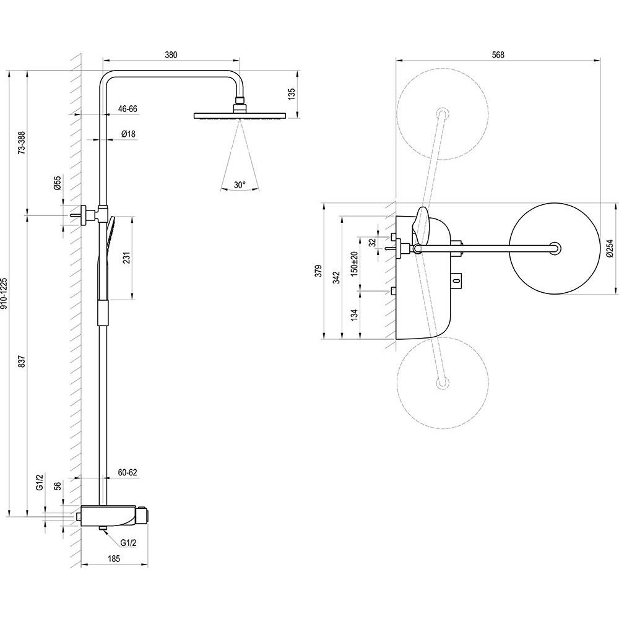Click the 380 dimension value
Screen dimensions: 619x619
pos(171,55)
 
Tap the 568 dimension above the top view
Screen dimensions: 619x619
pos(498,55)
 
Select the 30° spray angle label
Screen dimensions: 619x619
pos(240,184)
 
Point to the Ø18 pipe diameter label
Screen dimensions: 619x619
pos(128,134)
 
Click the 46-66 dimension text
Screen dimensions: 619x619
pos(128,108)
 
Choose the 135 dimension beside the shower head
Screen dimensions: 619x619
pos(292,93)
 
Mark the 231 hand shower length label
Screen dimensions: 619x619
pos(126,258)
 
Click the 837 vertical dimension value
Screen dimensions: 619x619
pos(22,361)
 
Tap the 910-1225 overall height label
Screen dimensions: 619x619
pos(4,293)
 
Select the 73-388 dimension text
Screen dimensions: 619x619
pos(22,142)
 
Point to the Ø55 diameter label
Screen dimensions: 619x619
pos(58,183)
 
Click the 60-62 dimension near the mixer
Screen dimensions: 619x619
pos(128,472)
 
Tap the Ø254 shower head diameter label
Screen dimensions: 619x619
pos(610,248)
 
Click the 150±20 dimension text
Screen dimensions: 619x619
pos(354,263)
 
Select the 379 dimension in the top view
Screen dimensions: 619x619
pos(319,271)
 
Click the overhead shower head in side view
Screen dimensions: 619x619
pos(240,116)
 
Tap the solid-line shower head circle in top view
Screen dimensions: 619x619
pos(554,249)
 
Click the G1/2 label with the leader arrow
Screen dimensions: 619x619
pos(128,543)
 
